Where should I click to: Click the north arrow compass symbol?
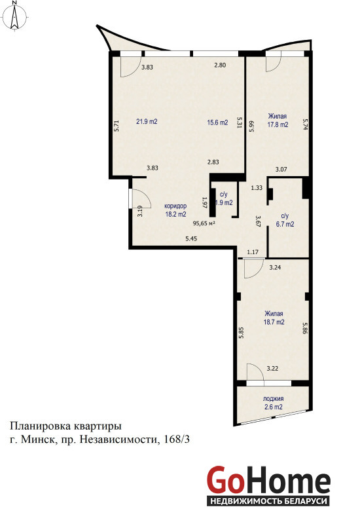(x=14, y=16)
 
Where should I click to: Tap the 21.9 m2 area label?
(x=147, y=122)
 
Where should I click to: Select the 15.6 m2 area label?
(x=217, y=122)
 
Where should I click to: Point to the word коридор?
(x=175, y=206)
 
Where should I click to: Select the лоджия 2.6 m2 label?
(x=273, y=403)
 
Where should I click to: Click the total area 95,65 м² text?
(x=204, y=224)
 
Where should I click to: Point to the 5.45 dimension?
(x=192, y=238)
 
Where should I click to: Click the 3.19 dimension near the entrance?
(x=140, y=211)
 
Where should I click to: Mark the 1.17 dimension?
(x=253, y=252)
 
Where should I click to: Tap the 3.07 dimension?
(x=281, y=170)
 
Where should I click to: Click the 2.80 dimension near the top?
(x=220, y=65)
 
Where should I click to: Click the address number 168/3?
(x=177, y=440)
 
